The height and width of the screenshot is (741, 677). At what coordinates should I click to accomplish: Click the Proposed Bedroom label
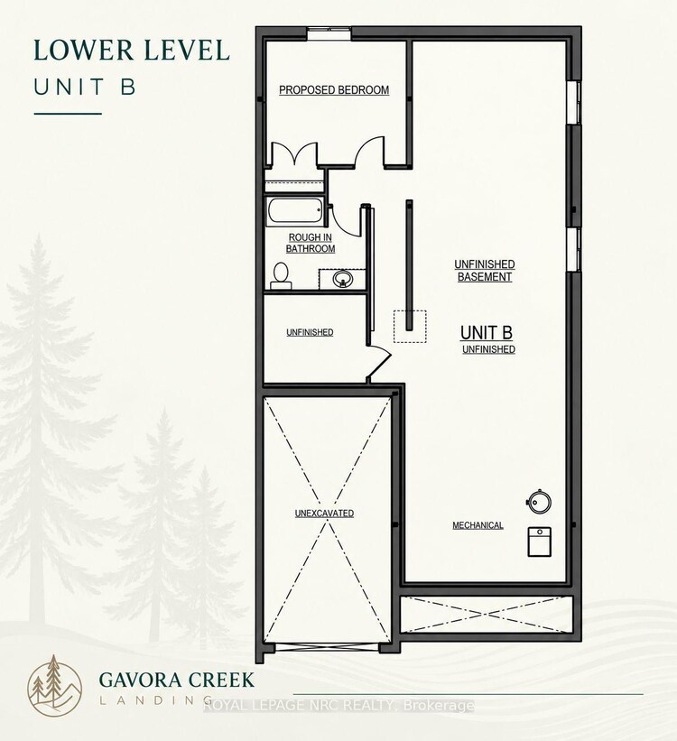click(334, 89)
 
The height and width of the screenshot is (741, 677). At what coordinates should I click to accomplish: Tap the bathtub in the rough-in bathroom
click(295, 211)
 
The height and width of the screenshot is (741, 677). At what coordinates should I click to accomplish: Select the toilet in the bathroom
click(281, 276)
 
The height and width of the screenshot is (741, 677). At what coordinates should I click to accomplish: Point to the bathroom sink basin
click(342, 279)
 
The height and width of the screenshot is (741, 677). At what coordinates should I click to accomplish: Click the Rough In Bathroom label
click(311, 243)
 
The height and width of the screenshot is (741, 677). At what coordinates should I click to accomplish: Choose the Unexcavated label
click(324, 514)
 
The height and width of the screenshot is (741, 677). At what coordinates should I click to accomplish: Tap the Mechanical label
click(478, 525)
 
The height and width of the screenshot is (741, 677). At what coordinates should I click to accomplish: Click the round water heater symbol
click(539, 502)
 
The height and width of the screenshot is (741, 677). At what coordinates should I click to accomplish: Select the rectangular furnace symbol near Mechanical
click(540, 542)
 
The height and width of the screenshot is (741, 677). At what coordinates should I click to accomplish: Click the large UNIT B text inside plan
click(487, 333)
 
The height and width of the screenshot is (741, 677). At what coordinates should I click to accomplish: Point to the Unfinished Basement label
click(485, 270)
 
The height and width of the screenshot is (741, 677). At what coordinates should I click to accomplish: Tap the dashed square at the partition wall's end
click(410, 327)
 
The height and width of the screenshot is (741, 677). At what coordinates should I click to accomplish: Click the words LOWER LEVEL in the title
click(132, 51)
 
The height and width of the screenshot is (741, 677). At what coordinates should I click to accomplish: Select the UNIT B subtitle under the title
click(85, 88)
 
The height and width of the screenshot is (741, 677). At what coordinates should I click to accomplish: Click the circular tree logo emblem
click(55, 684)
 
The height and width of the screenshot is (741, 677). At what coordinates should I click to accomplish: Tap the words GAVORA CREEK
click(177, 680)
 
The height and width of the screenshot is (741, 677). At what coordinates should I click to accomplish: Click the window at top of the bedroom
click(329, 34)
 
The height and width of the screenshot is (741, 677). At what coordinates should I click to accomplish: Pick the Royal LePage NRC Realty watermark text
click(338, 706)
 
